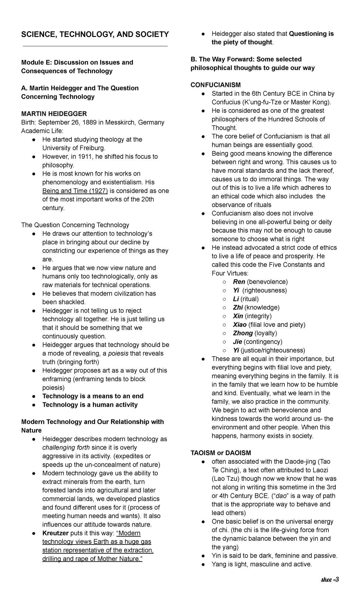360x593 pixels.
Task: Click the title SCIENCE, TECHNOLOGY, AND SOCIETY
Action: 95,35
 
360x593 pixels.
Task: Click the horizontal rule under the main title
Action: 95,46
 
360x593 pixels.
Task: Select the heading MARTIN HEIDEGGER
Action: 54,114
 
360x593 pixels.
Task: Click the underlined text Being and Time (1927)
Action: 75,191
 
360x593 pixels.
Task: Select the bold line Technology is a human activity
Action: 90,405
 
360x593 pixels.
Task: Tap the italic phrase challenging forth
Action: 66,447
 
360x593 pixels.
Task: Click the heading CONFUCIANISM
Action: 215,85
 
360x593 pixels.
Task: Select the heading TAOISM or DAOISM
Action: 221,453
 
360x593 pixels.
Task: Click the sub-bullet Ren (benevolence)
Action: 260,282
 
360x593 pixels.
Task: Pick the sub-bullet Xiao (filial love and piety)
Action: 269,325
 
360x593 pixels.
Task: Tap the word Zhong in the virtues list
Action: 243,333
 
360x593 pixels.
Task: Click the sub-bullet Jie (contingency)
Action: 257,342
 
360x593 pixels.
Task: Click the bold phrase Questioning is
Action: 311,34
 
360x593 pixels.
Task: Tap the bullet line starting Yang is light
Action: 262,564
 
